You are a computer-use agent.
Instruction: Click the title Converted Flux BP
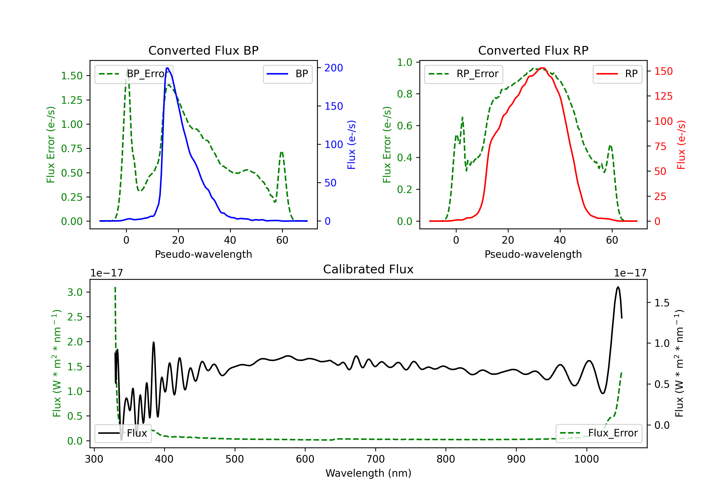(x=203, y=50)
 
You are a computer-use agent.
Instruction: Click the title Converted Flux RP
(x=533, y=50)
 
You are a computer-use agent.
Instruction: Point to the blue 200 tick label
(x=334, y=68)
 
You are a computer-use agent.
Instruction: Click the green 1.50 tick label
(x=72, y=76)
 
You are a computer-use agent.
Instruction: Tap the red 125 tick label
(x=663, y=96)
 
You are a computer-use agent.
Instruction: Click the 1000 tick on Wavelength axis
(x=586, y=459)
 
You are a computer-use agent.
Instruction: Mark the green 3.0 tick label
(x=75, y=292)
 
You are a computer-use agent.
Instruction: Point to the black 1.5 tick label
(x=662, y=303)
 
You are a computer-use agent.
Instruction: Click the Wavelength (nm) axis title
(x=368, y=473)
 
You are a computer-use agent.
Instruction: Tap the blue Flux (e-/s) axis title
(x=351, y=145)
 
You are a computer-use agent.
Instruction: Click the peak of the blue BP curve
(x=168, y=68)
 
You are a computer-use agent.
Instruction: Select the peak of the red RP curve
(x=542, y=68)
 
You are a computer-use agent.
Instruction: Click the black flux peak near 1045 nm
(x=618, y=287)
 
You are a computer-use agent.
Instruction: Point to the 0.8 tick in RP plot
(x=404, y=94)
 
